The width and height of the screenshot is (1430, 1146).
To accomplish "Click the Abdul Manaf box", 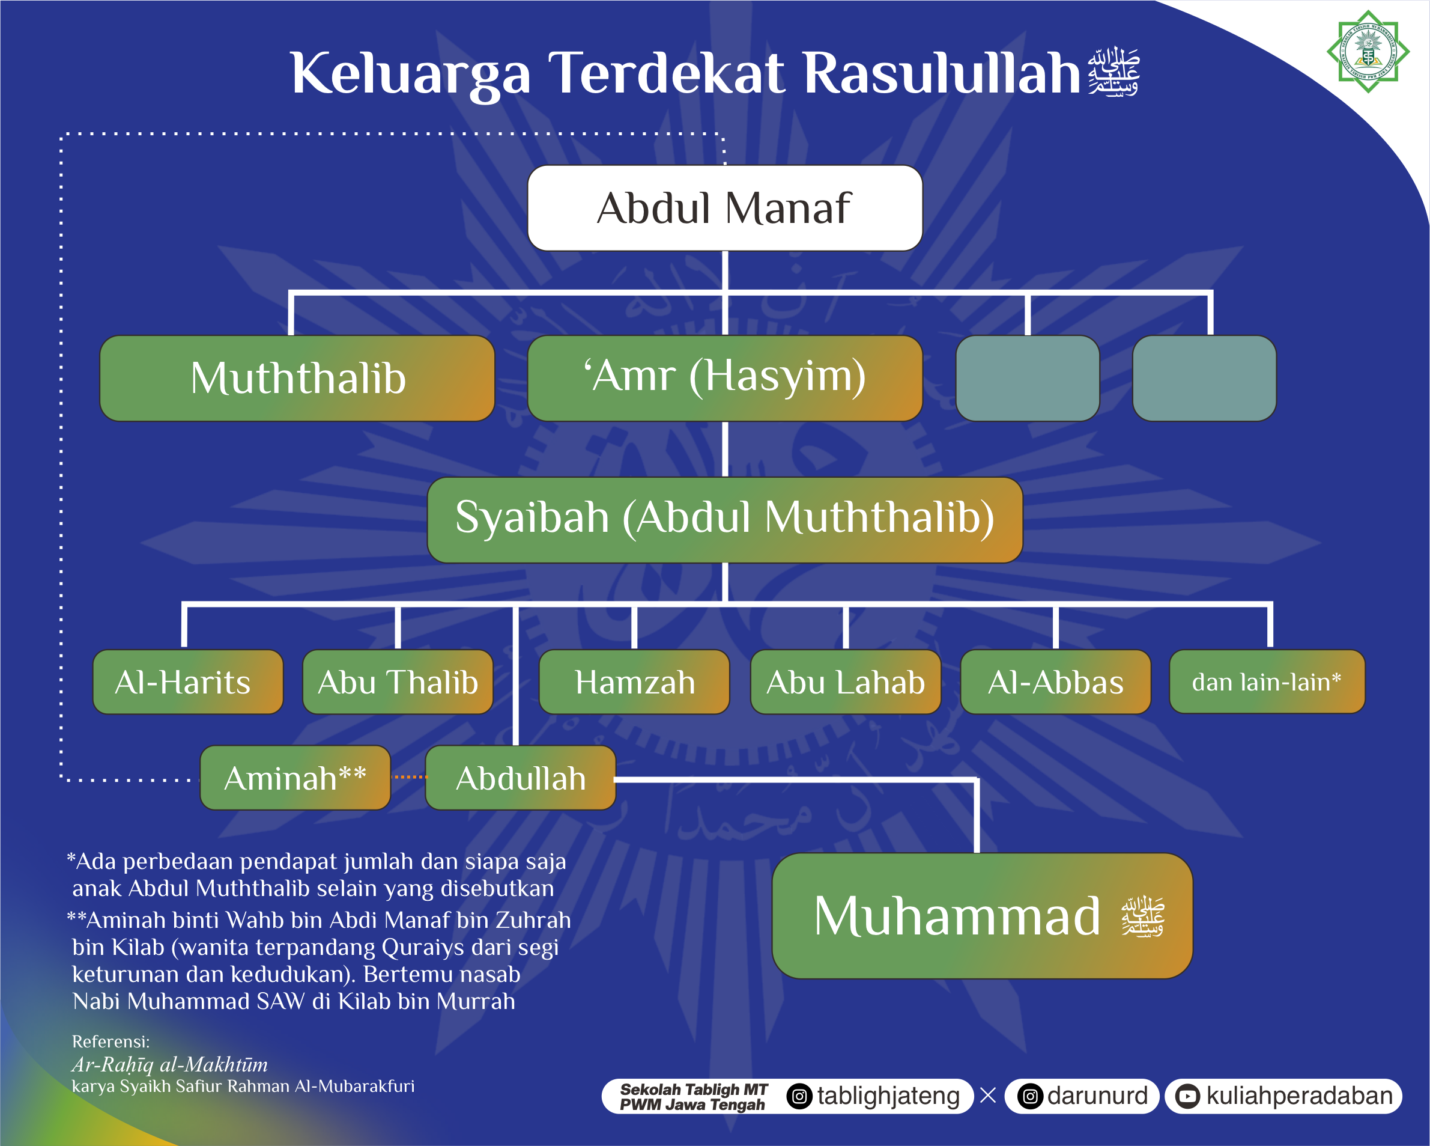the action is (725, 208).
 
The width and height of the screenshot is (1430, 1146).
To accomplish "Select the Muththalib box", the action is (297, 377).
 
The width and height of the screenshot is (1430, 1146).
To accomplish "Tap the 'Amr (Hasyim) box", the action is (725, 377).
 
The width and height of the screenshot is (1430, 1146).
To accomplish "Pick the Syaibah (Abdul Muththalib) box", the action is (725, 520).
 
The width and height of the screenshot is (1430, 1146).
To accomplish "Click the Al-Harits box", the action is (189, 681).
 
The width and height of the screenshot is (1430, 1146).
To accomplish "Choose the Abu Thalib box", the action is (398, 681).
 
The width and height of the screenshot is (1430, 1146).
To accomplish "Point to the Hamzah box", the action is (635, 681).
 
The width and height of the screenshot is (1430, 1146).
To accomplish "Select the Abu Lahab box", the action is (846, 681).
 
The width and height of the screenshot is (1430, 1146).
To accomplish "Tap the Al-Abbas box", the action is (1056, 681).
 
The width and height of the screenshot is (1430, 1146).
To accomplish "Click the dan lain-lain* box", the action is (1267, 681).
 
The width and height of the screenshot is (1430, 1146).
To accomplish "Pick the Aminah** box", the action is (295, 778).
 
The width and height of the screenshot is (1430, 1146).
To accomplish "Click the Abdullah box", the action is (521, 778).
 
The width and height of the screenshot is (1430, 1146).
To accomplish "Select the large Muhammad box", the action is (983, 916).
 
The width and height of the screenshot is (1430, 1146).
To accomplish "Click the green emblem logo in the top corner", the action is (1368, 51).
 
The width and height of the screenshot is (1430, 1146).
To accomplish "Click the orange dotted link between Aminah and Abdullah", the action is (409, 777).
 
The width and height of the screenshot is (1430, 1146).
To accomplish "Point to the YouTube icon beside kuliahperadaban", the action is (1187, 1096).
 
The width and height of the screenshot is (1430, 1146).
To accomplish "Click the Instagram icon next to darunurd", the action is (1030, 1096).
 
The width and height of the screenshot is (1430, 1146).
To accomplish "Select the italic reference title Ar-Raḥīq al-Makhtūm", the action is (170, 1065).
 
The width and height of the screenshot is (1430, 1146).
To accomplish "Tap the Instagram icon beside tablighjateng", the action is (800, 1096).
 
